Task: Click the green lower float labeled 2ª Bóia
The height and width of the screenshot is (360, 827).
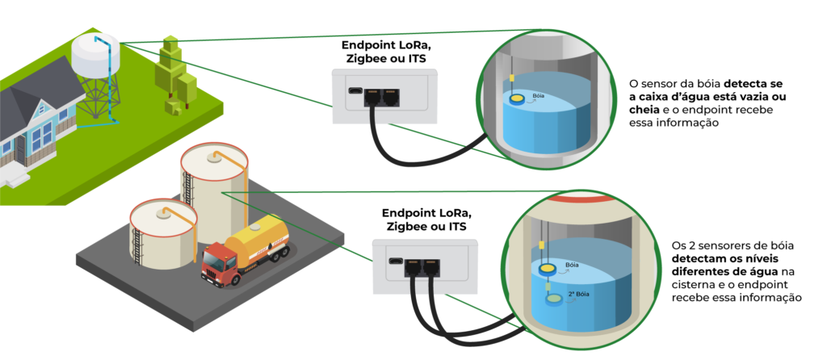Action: [553, 299]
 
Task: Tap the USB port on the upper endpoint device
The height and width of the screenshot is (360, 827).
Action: [354, 92]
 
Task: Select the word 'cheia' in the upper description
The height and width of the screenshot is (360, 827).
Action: [644, 111]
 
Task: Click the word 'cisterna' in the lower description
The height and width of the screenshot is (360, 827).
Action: [695, 285]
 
